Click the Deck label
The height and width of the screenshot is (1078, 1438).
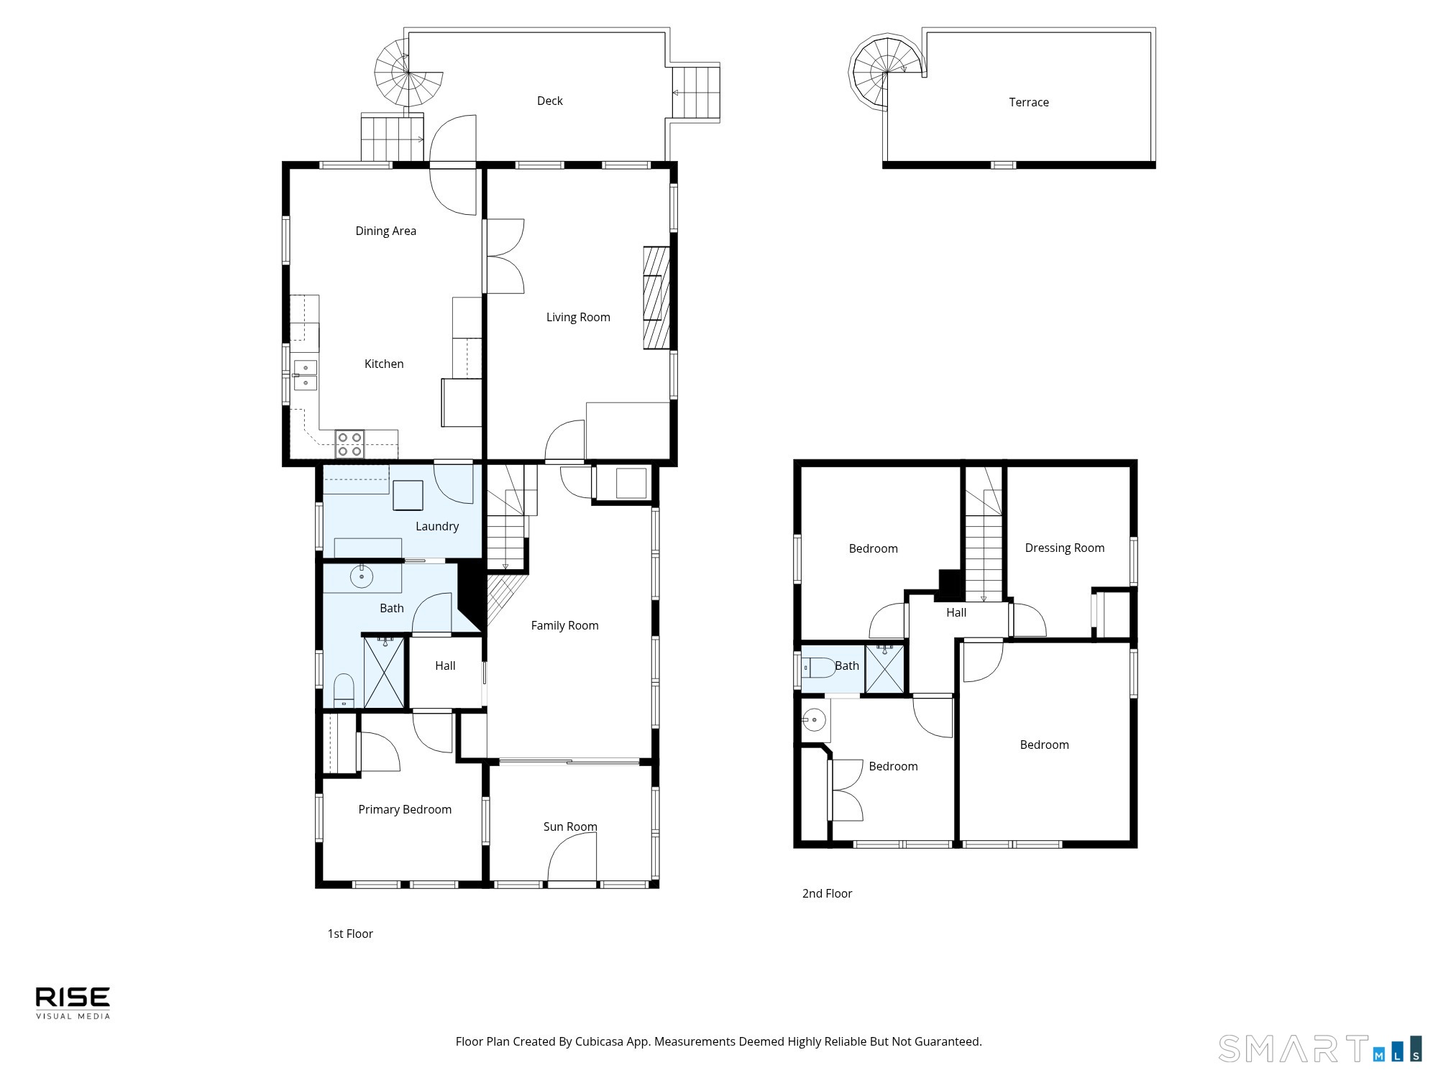click(x=550, y=101)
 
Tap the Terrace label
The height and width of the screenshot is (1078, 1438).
click(x=1029, y=102)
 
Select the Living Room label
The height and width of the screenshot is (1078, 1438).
click(x=578, y=318)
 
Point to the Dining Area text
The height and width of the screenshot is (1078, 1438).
click(x=386, y=231)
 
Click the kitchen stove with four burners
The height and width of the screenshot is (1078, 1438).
click(x=350, y=443)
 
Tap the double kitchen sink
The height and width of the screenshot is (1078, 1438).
click(x=306, y=375)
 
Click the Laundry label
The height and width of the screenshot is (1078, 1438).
click(x=437, y=527)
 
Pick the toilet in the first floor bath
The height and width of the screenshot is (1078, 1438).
click(x=344, y=690)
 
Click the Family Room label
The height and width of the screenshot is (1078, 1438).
click(x=565, y=626)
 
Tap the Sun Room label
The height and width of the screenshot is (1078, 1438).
click(x=570, y=827)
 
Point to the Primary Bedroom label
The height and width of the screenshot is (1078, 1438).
click(x=405, y=810)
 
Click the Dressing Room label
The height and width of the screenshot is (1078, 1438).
click(x=1065, y=548)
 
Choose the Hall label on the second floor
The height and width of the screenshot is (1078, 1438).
click(x=956, y=613)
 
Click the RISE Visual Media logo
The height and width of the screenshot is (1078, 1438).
click(x=73, y=1003)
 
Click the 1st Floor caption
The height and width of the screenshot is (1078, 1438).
click(x=350, y=934)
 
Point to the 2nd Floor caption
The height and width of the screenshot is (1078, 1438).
click(x=828, y=894)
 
